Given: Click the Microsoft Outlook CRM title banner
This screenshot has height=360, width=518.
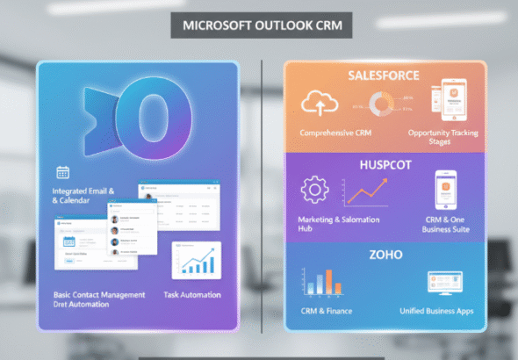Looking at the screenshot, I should pos(261,25).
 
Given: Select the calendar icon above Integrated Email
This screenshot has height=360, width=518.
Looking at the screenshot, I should pos(62,172).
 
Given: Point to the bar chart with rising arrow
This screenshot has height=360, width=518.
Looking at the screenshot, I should pos(196,260).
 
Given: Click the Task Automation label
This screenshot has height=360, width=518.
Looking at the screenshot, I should pos(192,295).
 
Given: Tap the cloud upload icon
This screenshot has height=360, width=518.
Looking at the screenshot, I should pos(320,106).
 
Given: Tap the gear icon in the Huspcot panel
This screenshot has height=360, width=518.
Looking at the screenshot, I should pos(313,191).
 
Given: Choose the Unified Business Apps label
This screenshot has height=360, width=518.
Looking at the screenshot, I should pos(436,310).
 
